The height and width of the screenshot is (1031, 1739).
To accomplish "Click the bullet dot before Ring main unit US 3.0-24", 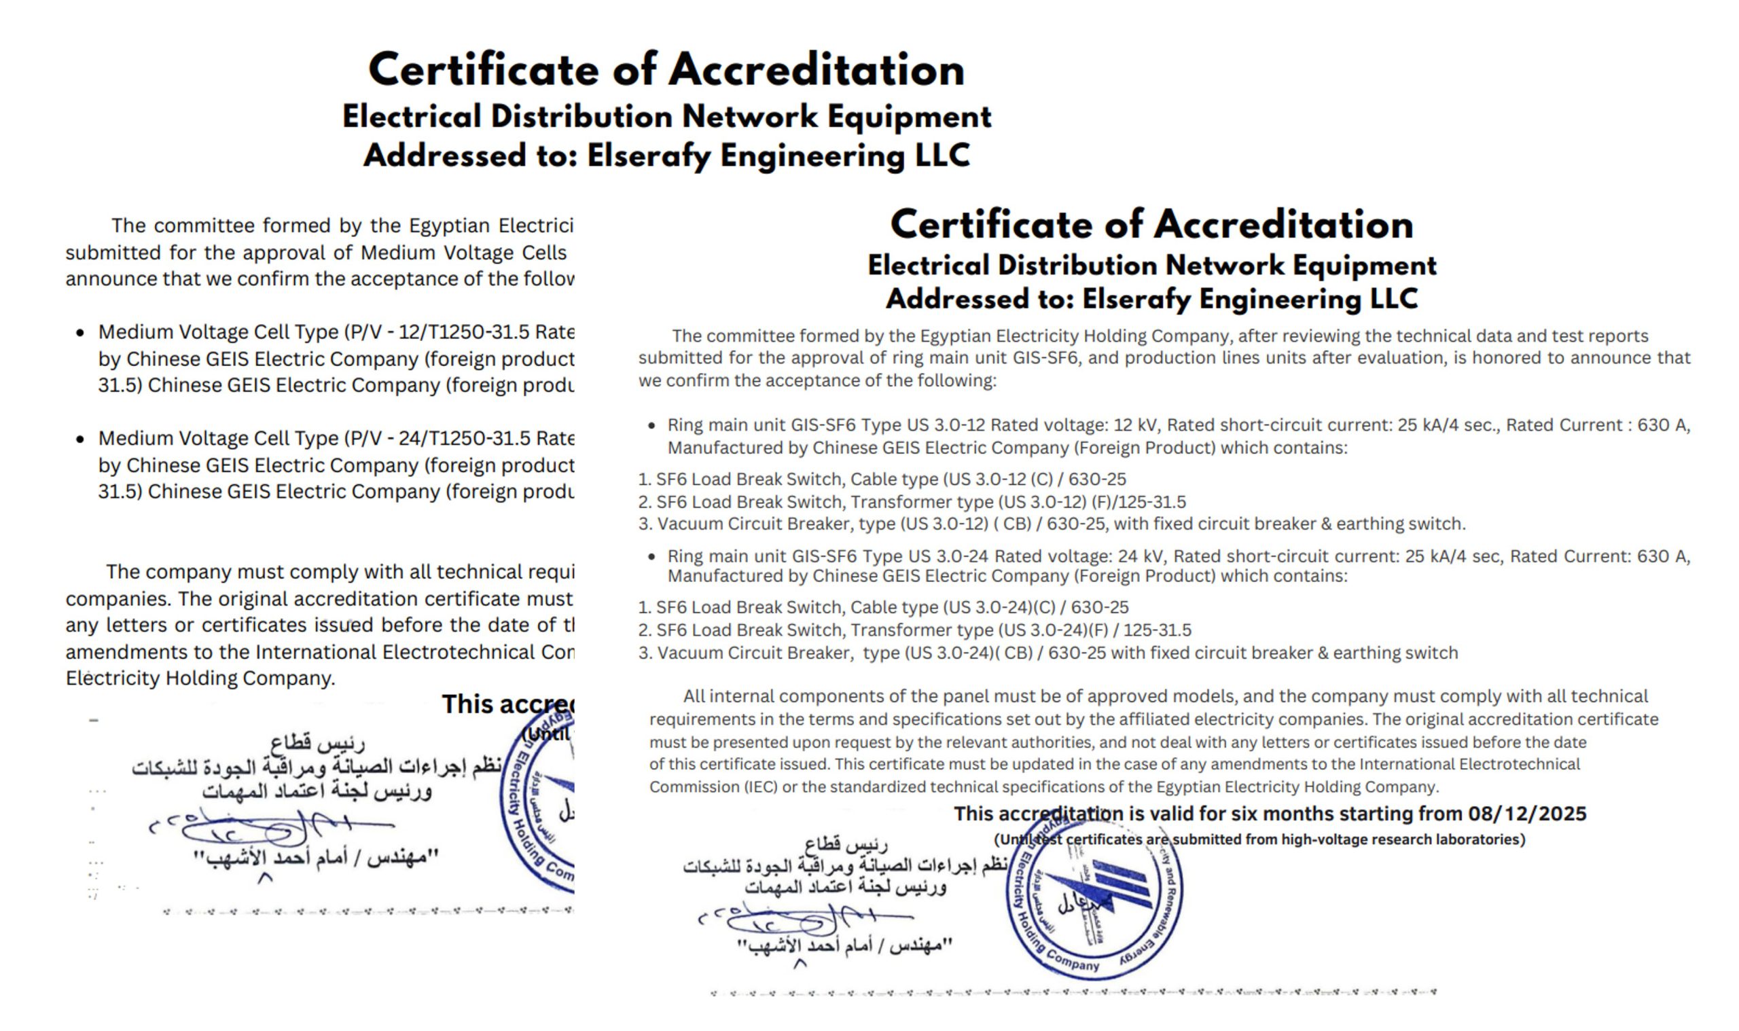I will [x=651, y=556].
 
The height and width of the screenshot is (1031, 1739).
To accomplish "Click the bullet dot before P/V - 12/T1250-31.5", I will [x=80, y=333].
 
